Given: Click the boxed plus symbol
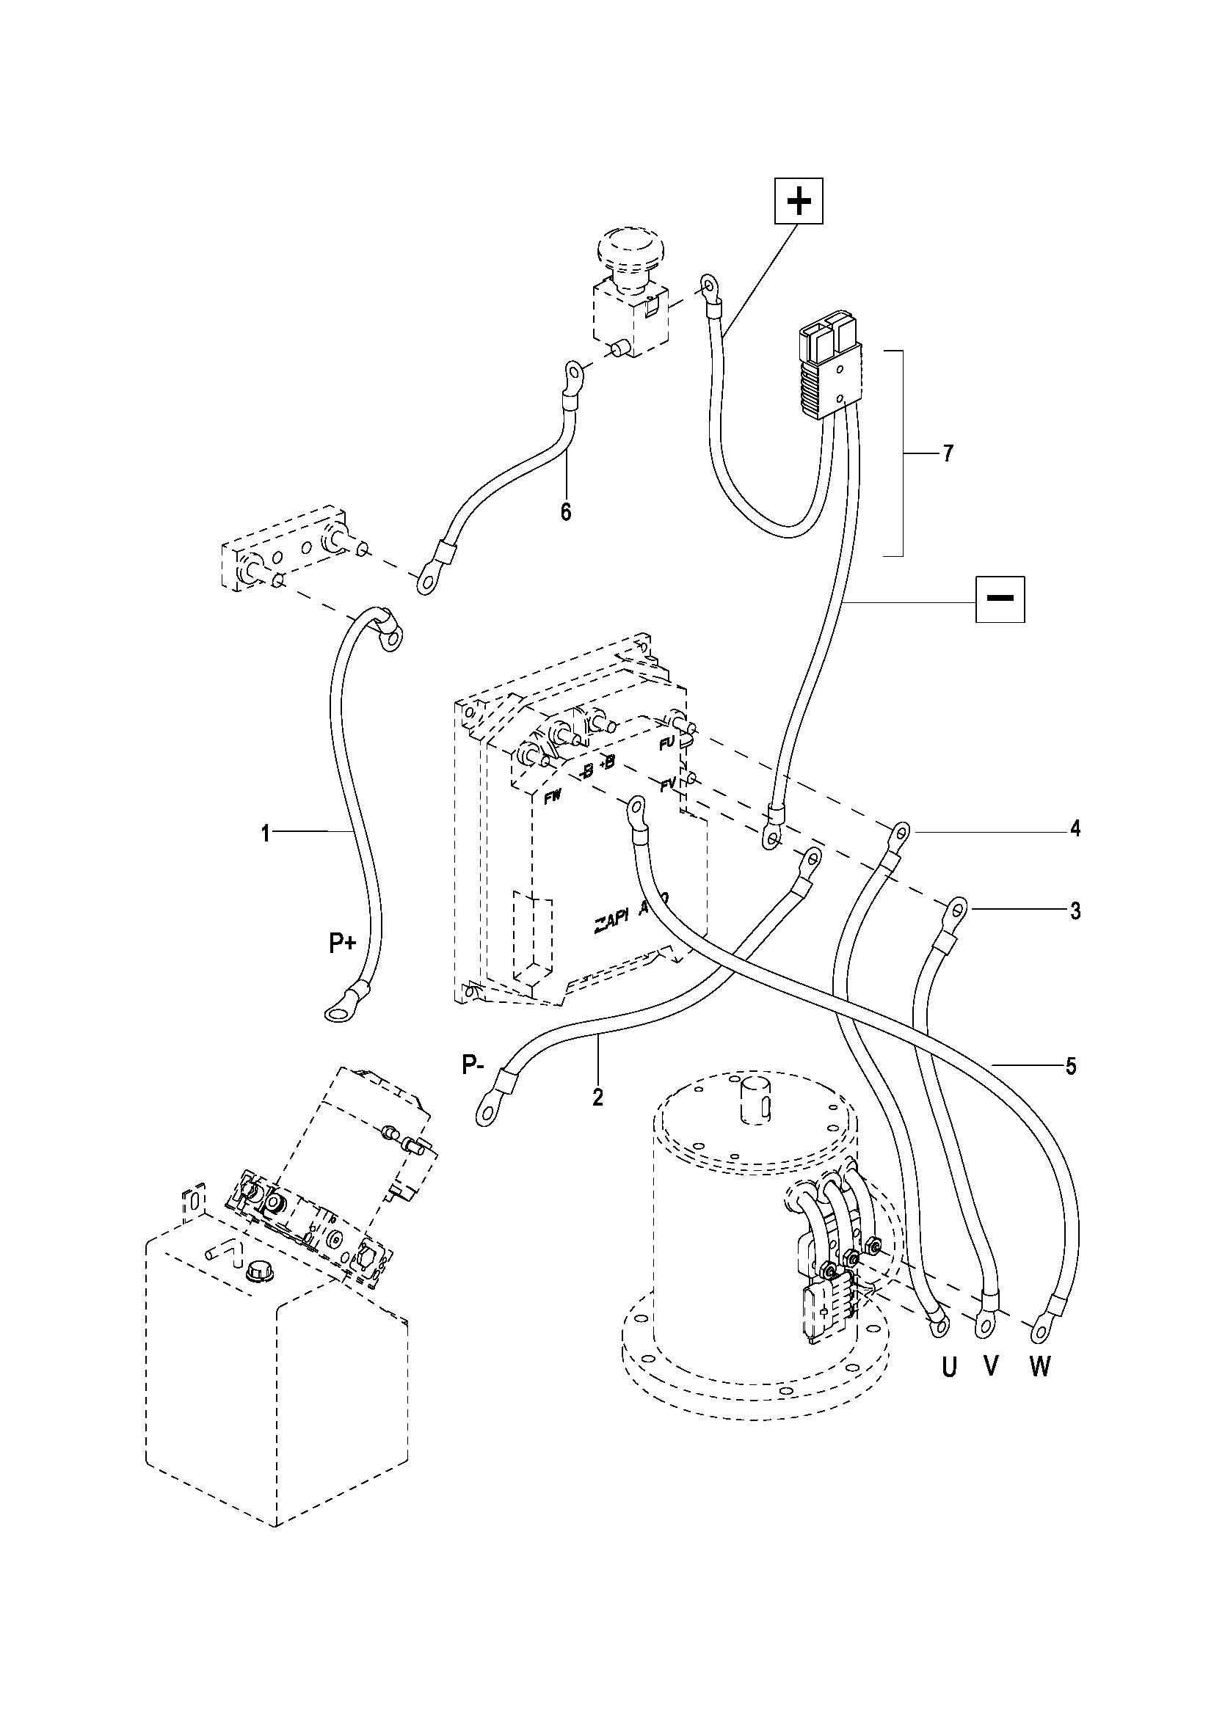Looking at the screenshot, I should [x=799, y=201].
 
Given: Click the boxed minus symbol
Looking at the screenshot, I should [x=1000, y=599].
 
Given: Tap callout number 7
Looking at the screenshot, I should [x=948, y=453].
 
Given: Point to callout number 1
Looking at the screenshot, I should [x=266, y=832].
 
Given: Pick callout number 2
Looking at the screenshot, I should [x=597, y=1096].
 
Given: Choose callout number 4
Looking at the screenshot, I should [x=1075, y=829].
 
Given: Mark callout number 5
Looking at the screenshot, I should [x=1070, y=1066].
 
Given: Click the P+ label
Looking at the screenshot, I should [x=342, y=945].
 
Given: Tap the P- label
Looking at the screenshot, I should [x=472, y=1065].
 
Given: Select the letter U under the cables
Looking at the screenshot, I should [x=948, y=1368].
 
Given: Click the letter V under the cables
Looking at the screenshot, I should [x=990, y=1366].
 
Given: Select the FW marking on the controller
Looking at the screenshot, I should [x=552, y=799].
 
